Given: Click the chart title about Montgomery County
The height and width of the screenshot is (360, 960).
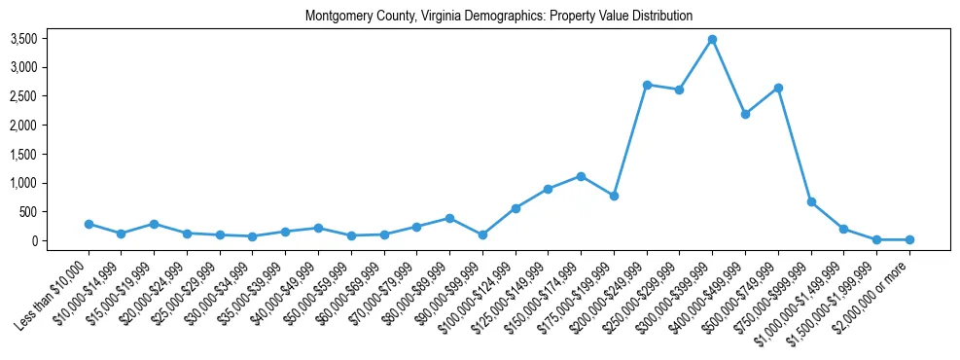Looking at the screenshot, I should tap(498, 16).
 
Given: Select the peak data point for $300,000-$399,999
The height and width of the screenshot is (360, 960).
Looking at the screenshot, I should tap(712, 40).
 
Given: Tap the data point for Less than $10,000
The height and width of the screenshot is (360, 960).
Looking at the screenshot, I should tap(89, 224).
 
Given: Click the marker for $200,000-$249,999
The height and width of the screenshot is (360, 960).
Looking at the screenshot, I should tap(647, 85).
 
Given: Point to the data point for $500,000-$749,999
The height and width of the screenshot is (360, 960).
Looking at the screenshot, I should tap(778, 88).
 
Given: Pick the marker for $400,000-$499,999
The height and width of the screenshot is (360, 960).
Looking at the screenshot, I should tap(745, 114).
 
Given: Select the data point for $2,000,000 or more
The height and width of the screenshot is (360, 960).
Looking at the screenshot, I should tap(909, 239).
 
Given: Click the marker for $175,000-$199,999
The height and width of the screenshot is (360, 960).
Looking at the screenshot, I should tap(614, 196).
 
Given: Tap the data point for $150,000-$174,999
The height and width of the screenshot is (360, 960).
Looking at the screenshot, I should tap(581, 176).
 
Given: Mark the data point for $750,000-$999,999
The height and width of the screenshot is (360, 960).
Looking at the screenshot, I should tap(811, 201).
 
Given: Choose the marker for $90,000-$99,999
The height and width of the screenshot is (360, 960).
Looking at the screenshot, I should tap(482, 234).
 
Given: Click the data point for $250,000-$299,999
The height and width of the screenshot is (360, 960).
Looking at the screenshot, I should tap(680, 90).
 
